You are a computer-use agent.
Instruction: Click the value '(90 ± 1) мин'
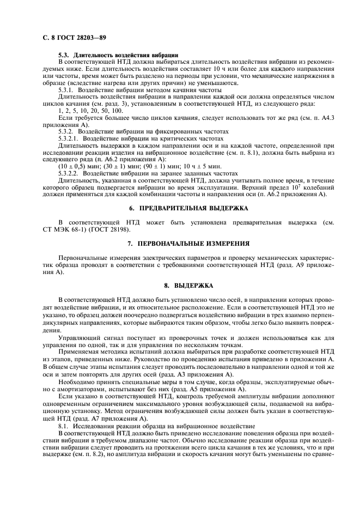(165, 166)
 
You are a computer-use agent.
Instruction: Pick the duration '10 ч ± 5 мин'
(204, 166)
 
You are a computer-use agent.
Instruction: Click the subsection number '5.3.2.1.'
(69, 138)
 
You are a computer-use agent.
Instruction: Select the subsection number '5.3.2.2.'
(69, 172)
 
